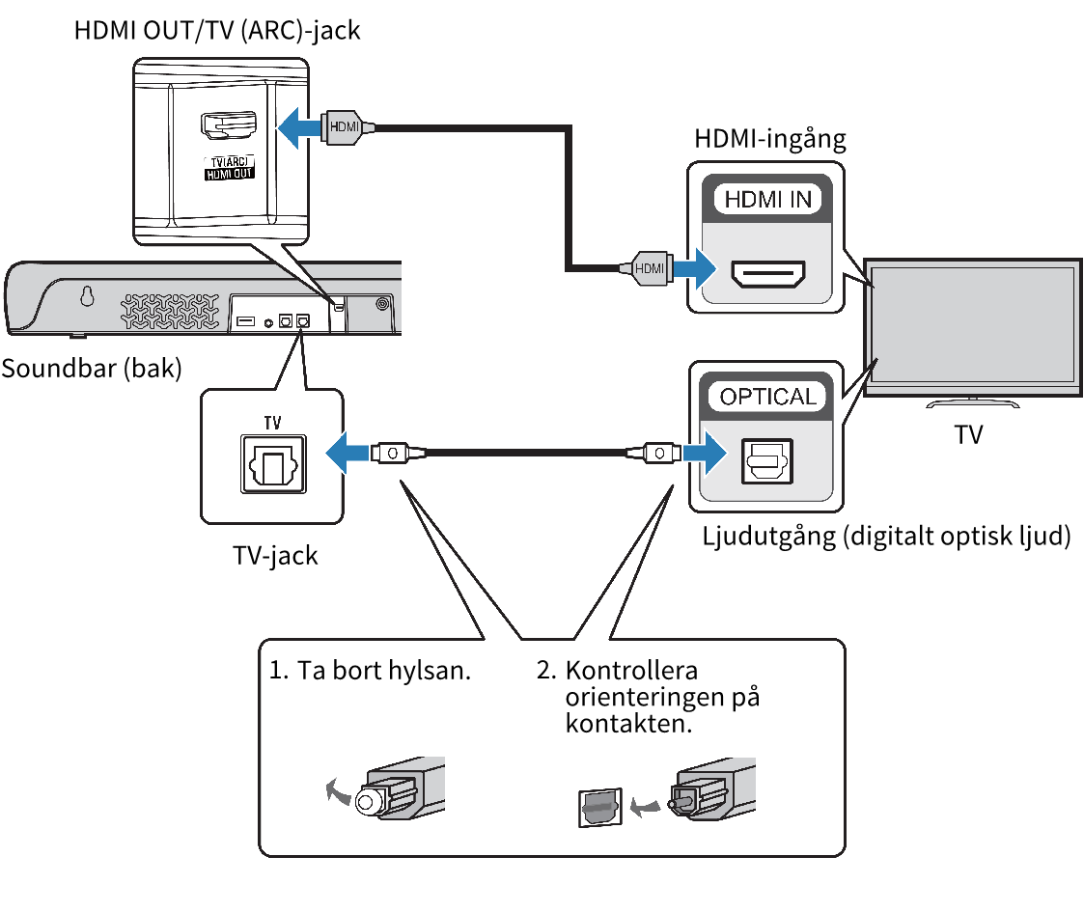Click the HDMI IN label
[x=767, y=199]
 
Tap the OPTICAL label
[x=768, y=396]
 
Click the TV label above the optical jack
[x=272, y=422]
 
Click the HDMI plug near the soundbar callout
[x=346, y=127]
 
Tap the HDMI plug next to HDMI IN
[x=649, y=268]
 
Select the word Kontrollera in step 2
[x=631, y=671]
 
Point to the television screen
[x=972, y=324]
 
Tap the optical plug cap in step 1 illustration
[x=367, y=802]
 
